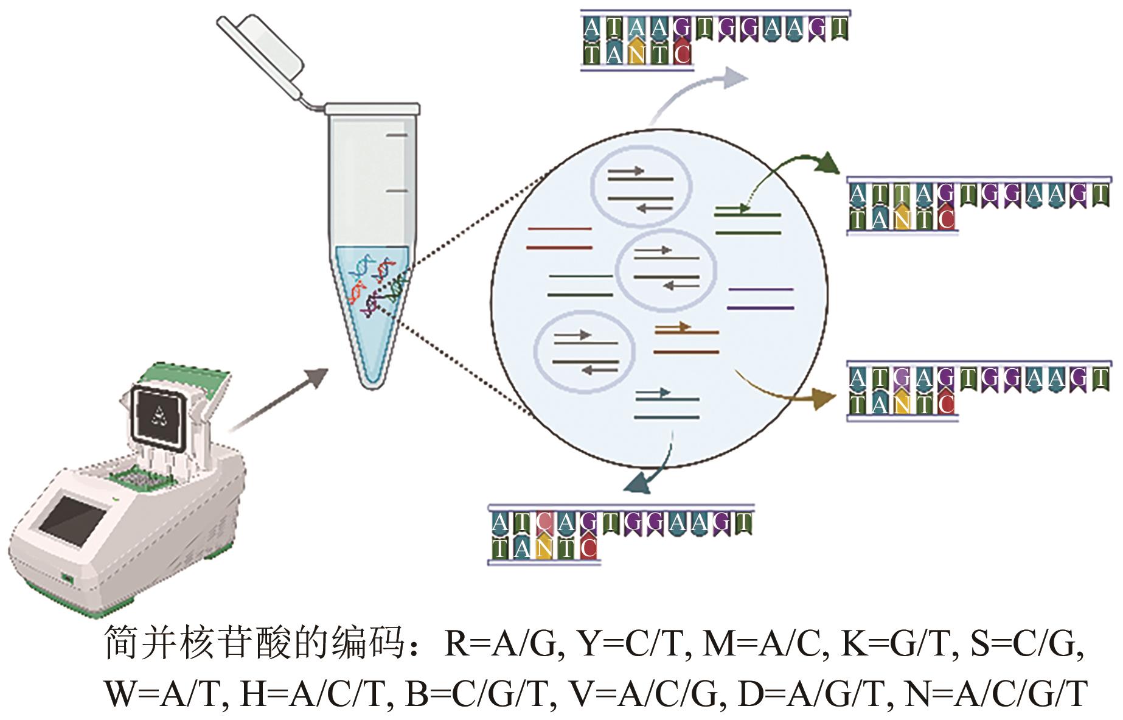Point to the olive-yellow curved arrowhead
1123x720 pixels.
coord(822,399)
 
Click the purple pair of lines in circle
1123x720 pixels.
coord(760,298)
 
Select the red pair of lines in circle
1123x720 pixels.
coord(559,238)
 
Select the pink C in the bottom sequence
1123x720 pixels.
coord(544,522)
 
